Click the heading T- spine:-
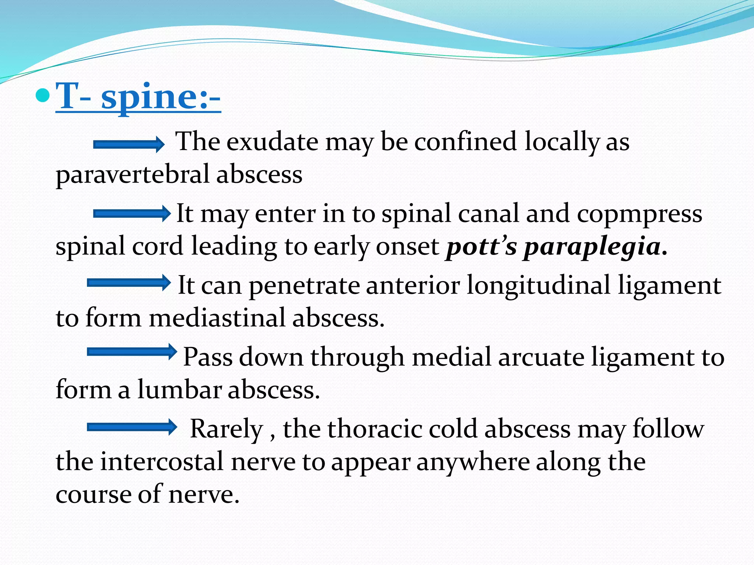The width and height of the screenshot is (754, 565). click(x=138, y=96)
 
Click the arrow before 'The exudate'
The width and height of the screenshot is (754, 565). click(x=129, y=144)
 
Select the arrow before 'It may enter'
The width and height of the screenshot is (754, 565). click(x=132, y=214)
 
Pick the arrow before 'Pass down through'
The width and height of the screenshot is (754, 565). click(x=132, y=352)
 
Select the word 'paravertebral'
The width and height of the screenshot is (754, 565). click(x=132, y=175)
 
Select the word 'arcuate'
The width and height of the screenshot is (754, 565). click(x=541, y=357)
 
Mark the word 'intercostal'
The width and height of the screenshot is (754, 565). click(x=162, y=461)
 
